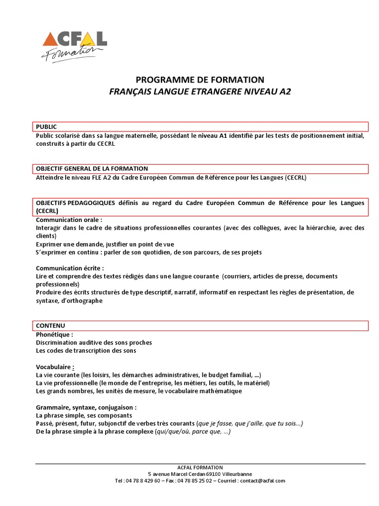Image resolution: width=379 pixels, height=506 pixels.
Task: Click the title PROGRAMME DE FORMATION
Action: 200,80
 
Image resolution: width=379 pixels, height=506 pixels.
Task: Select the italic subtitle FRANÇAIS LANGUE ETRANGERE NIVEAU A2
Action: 200,92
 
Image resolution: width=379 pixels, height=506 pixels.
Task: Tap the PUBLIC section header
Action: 47,127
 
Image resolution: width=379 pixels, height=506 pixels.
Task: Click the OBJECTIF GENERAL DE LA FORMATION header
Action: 92,169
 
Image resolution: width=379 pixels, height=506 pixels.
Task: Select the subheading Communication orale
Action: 69,220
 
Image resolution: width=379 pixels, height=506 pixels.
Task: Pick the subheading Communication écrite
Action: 70,268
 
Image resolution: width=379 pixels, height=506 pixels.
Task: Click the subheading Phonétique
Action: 54,334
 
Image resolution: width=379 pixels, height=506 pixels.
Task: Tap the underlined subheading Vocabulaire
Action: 55,367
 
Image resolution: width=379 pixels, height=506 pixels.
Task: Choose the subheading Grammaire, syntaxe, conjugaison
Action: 86,408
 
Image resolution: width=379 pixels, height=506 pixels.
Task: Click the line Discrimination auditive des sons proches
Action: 94,342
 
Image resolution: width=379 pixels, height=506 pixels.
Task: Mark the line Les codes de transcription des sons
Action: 86,350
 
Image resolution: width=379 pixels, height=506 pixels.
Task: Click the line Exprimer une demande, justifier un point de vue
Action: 105,244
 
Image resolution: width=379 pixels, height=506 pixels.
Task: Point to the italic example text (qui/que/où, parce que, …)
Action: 192,431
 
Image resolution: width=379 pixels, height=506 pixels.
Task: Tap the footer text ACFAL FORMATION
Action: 200,467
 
